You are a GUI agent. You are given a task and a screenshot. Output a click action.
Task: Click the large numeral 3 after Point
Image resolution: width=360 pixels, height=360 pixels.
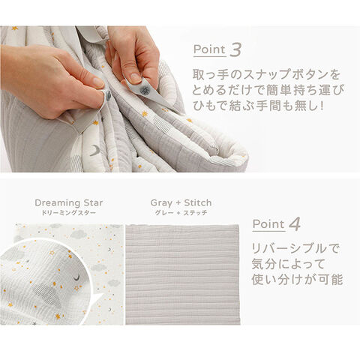click(x=235, y=49)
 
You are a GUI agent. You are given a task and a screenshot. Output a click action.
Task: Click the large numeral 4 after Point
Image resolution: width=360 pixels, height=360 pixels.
click(x=295, y=224)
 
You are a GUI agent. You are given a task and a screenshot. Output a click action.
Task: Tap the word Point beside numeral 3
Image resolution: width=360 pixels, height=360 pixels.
click(x=209, y=49)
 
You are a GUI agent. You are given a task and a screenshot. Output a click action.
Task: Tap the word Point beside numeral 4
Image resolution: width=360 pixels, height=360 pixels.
click(x=268, y=224)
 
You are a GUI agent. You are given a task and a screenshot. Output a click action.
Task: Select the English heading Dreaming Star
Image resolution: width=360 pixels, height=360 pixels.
click(x=69, y=202)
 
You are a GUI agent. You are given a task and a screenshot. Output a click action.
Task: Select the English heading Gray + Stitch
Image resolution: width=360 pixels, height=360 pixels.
click(x=181, y=202)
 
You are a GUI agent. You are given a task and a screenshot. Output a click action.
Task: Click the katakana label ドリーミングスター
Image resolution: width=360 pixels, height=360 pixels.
click(x=69, y=213)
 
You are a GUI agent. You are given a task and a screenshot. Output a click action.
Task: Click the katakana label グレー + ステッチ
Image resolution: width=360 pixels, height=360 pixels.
click(x=181, y=213)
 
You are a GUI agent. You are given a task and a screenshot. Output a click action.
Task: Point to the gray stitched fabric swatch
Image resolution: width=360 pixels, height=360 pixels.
click(x=183, y=274)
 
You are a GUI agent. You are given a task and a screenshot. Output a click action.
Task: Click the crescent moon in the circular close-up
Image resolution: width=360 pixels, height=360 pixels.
click(x=76, y=277)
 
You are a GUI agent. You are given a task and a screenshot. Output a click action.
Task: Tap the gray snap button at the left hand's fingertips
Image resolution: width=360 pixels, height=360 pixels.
click(x=108, y=96)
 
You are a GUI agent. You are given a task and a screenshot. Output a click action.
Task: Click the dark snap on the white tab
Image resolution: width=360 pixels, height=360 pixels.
click(x=144, y=91)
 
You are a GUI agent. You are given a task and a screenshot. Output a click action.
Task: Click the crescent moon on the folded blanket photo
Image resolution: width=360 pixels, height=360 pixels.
click(x=95, y=151)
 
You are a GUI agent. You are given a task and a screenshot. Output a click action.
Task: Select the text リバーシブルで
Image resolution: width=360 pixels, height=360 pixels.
click(x=295, y=248)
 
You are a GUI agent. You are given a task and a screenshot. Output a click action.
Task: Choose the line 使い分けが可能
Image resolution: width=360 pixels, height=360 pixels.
click(x=297, y=279)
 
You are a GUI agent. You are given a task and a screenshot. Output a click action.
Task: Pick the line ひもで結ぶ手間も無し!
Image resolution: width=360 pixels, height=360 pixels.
click(x=259, y=106)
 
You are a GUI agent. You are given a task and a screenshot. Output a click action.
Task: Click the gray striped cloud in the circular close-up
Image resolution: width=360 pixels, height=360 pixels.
click(x=47, y=295)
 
